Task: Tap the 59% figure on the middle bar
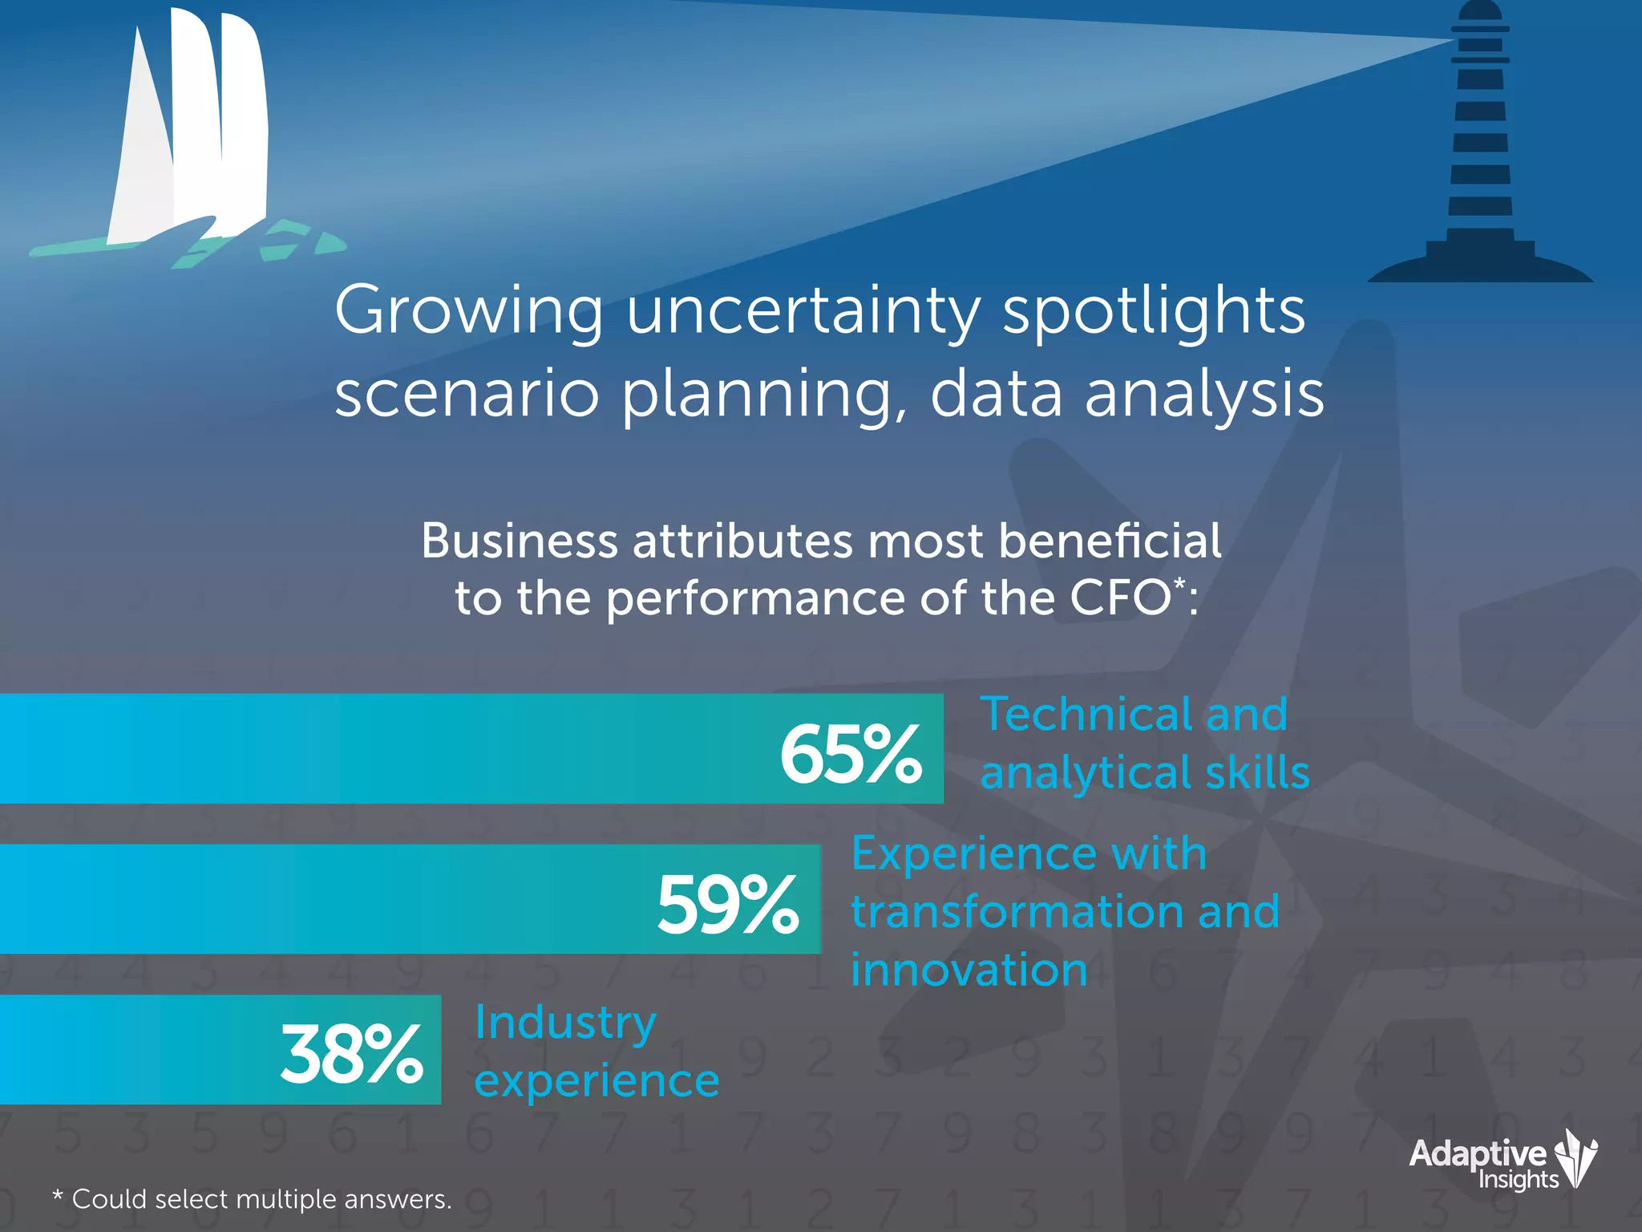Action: pyautogui.click(x=727, y=905)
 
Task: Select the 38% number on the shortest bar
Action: pyautogui.click(x=351, y=1054)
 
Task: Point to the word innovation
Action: pyautogui.click(x=969, y=970)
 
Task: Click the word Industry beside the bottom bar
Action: pyautogui.click(x=565, y=1023)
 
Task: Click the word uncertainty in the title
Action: pyautogui.click(x=803, y=311)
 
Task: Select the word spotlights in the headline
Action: pyautogui.click(x=1154, y=311)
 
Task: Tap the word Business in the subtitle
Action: pyautogui.click(x=519, y=541)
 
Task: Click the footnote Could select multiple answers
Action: pyautogui.click(x=261, y=1199)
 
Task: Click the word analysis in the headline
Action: pyautogui.click(x=1203, y=395)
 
